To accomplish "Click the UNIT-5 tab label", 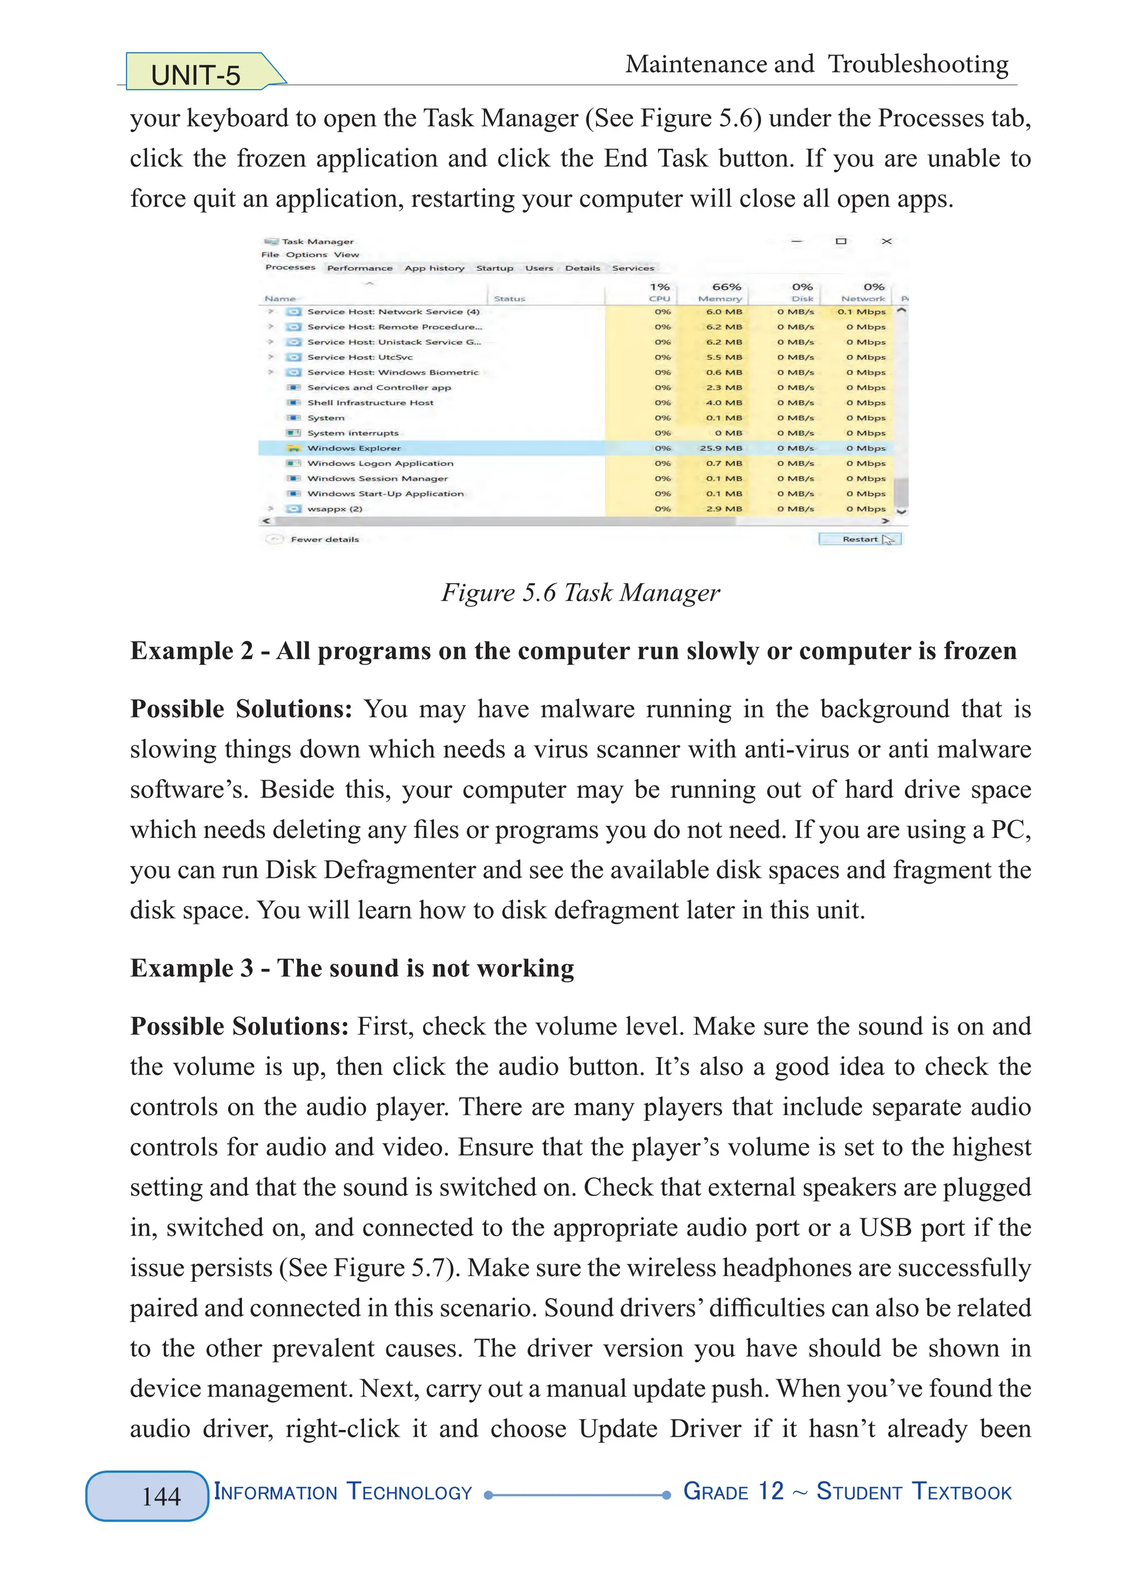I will point(196,75).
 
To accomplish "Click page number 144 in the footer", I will point(161,1496).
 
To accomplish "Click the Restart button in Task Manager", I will point(860,539).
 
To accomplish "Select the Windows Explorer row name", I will point(354,448).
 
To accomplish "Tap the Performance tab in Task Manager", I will point(360,268).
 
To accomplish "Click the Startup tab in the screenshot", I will point(495,268).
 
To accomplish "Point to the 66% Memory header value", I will point(727,287).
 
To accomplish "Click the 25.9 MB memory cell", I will point(722,448).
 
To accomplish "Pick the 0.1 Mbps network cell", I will point(862,312).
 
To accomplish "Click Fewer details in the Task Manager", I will point(325,539).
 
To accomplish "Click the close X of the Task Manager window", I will point(887,241).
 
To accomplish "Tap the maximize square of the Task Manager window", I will point(841,241).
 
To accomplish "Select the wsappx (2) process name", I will point(335,509).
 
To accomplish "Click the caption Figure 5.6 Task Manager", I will point(580,593).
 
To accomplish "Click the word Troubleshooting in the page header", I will point(918,64).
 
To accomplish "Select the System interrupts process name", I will point(354,433).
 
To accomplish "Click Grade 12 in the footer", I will point(733,1493).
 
